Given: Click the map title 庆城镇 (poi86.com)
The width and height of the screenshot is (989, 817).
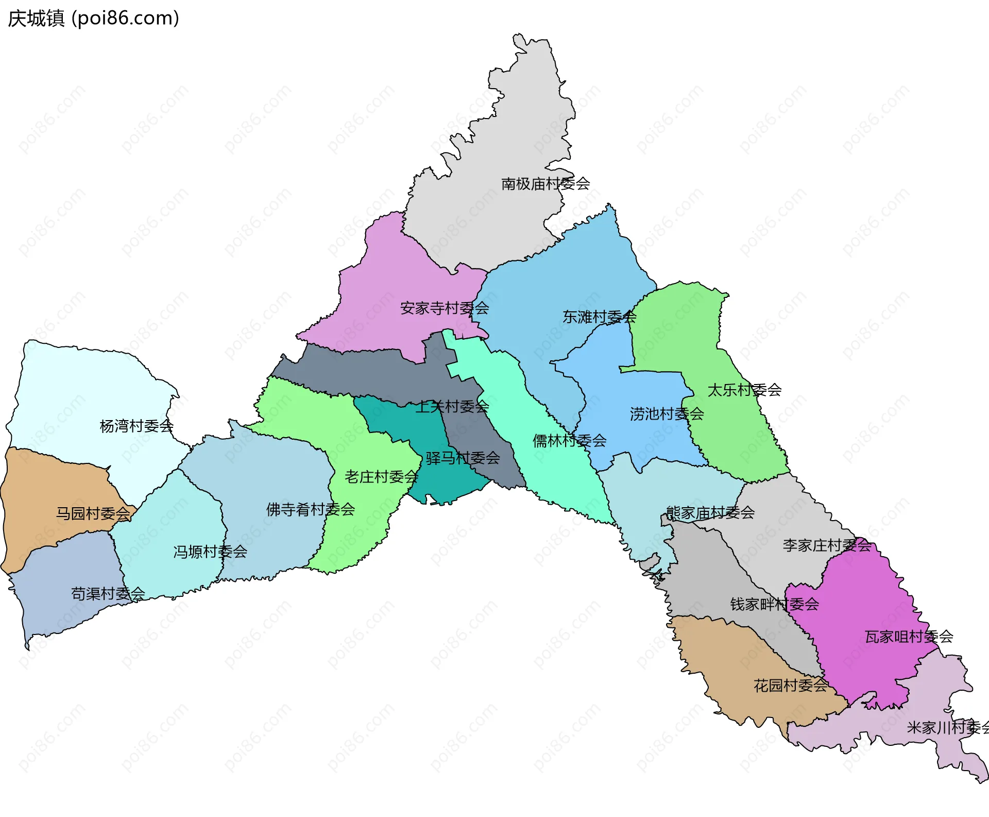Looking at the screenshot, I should click(x=93, y=19).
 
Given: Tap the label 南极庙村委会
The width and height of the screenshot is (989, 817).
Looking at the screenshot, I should click(x=545, y=184).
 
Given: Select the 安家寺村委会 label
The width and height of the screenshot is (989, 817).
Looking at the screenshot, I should click(x=445, y=308).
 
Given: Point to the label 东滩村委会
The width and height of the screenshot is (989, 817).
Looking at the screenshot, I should click(x=600, y=317).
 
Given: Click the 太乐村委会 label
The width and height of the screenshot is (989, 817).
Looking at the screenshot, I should click(x=744, y=390).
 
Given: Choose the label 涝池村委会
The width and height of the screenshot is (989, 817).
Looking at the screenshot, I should click(x=667, y=414).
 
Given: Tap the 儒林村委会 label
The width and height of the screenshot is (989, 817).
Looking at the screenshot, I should click(x=569, y=441).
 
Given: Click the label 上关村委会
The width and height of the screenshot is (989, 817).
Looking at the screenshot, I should click(x=452, y=407).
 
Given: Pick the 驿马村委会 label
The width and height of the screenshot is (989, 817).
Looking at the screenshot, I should click(x=463, y=458).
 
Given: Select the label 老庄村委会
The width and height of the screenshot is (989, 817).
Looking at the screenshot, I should click(x=381, y=477).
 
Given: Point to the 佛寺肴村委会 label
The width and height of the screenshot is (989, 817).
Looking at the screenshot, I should click(x=311, y=510).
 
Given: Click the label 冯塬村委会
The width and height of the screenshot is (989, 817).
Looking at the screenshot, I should click(x=210, y=552).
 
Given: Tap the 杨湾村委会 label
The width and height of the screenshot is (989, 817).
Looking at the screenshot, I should click(x=137, y=426).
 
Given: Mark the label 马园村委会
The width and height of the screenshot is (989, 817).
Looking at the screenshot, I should click(x=93, y=513).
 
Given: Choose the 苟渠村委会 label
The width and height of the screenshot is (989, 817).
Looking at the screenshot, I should click(x=108, y=594).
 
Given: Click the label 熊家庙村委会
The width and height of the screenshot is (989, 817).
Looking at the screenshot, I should click(x=710, y=513).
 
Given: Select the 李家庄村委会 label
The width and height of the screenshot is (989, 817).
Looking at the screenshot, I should click(x=827, y=545).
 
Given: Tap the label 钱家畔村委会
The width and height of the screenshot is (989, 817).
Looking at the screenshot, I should click(x=774, y=604).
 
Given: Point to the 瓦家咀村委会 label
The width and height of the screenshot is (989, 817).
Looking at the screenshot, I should click(x=909, y=637).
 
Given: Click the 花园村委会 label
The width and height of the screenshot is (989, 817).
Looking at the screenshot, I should click(x=791, y=686).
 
